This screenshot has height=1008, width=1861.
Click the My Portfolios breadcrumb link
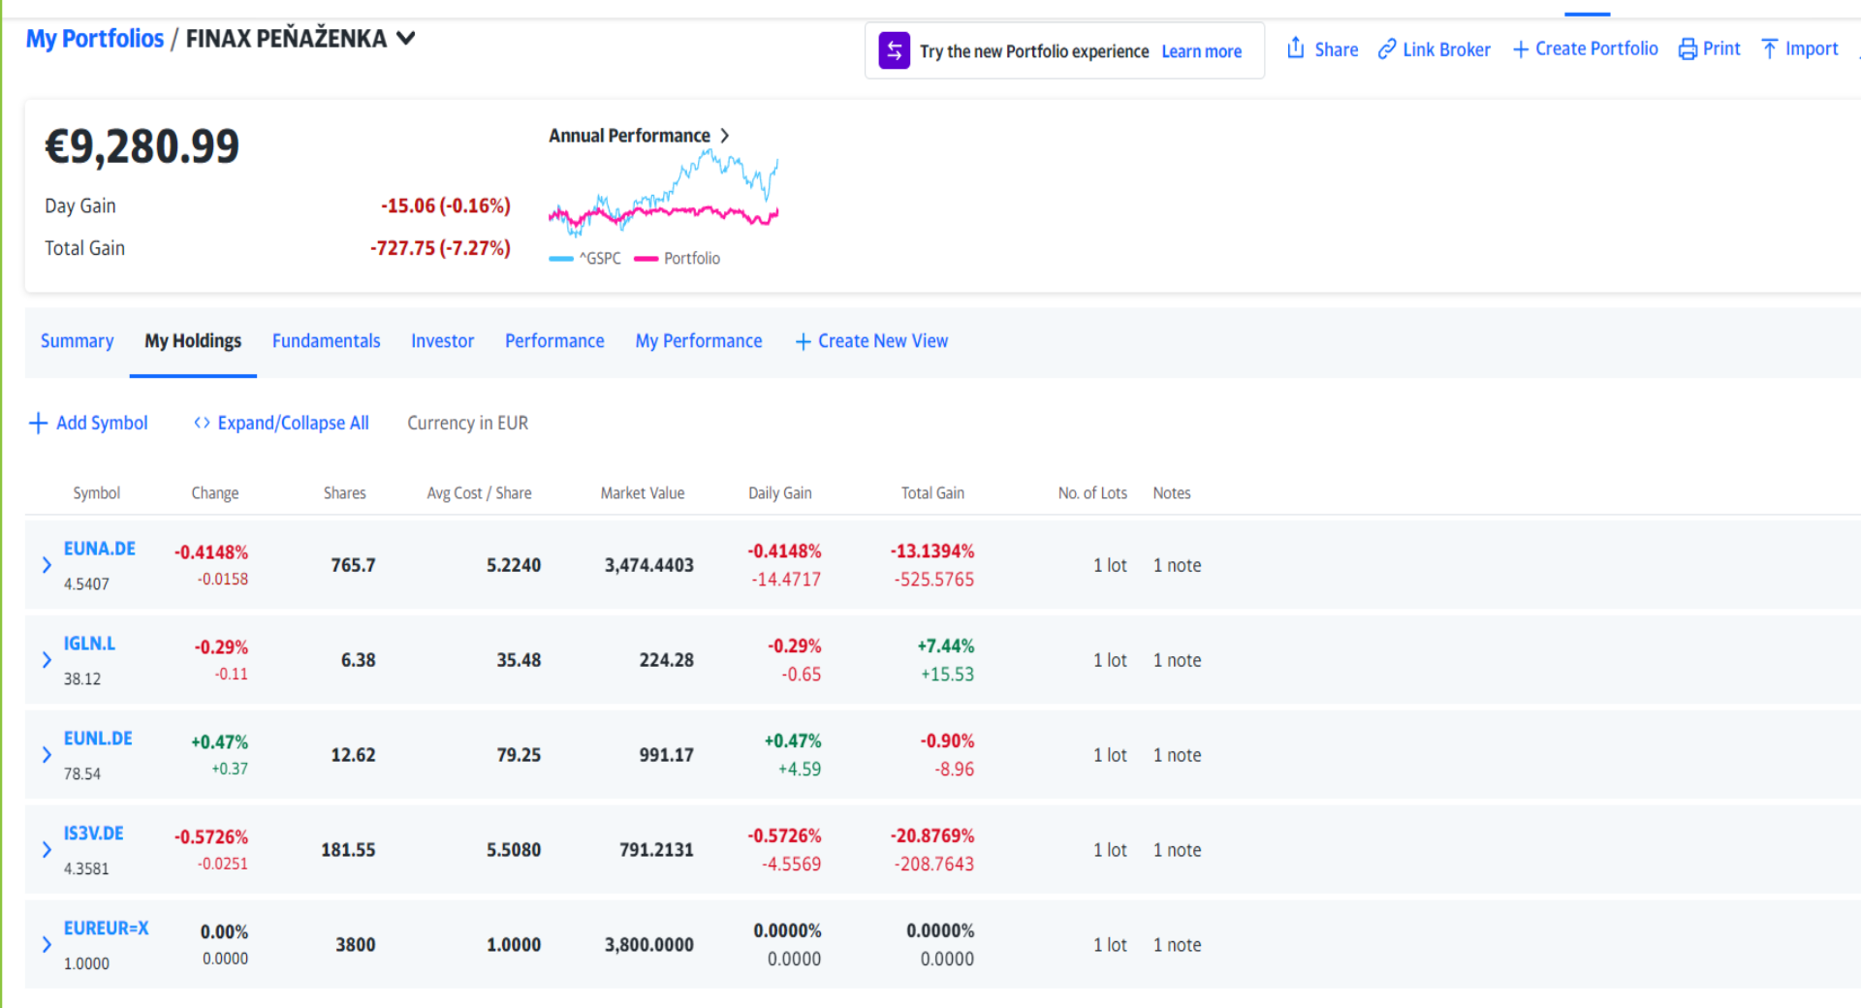[x=95, y=39]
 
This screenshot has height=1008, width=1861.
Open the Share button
[x=1322, y=48]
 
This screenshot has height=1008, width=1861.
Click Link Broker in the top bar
[x=1435, y=49]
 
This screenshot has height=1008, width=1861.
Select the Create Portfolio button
[x=1586, y=48]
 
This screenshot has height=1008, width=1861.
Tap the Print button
[x=1710, y=48]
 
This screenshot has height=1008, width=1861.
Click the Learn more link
[x=1202, y=51]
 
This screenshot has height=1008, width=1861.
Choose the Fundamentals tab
[x=327, y=341]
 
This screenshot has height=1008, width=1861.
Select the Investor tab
[x=443, y=341]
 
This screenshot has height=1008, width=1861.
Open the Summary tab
[x=78, y=341]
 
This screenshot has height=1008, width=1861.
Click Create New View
[x=872, y=341]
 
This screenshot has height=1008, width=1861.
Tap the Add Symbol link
[x=89, y=424]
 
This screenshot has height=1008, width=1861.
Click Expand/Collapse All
[x=282, y=424]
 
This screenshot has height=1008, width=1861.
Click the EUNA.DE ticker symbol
[x=100, y=549]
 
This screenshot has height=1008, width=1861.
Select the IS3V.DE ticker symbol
[x=94, y=834]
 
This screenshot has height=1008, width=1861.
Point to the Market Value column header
[x=643, y=493]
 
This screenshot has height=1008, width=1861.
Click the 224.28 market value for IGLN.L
[x=667, y=660]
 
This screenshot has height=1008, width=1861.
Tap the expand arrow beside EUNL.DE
[x=47, y=755]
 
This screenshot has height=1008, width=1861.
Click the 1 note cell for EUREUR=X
[x=1178, y=945]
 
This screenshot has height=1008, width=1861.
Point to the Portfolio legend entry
[x=678, y=259]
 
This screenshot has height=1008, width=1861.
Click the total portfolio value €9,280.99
[x=142, y=147]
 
